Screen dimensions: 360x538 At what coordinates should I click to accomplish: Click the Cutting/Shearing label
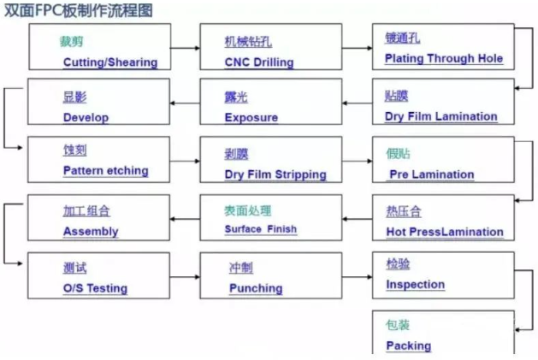109,62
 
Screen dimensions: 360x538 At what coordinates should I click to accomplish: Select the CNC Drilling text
259,62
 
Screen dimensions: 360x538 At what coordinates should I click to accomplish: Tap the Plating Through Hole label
443,59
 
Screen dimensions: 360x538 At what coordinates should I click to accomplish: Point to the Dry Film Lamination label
441,116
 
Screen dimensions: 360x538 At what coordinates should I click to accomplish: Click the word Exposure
251,117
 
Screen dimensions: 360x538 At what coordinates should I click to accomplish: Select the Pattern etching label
105,170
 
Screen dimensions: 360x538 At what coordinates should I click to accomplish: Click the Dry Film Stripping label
275,174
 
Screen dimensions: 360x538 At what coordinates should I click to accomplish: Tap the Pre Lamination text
431,174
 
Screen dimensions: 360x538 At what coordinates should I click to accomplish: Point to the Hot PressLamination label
445,232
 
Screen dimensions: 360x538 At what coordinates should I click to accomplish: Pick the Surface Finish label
261,229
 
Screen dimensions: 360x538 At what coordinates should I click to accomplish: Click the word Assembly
91,231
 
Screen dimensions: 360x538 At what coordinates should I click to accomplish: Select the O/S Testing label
95,288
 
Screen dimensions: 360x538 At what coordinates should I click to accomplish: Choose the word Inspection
416,284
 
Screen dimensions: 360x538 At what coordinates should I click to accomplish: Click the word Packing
409,345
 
